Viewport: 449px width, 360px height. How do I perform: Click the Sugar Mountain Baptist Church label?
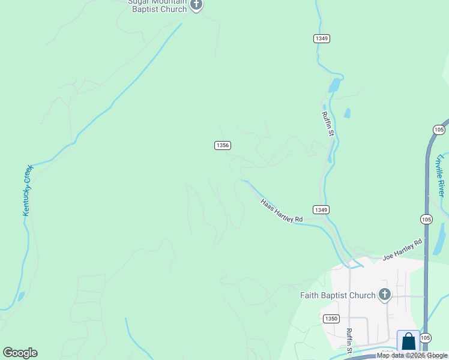(157, 5)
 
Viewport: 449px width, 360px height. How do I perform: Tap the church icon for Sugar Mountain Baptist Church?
(196, 5)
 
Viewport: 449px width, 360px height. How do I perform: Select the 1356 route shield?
(222, 145)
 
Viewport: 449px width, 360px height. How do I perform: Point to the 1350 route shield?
(330, 319)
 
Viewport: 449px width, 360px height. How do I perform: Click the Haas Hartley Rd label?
(282, 211)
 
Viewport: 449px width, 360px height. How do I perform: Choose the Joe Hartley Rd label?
(402, 250)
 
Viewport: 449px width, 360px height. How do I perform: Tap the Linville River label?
(441, 175)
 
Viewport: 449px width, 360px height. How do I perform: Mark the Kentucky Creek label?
(28, 190)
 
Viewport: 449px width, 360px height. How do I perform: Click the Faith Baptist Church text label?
(337, 295)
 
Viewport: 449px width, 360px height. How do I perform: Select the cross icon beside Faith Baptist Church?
(385, 295)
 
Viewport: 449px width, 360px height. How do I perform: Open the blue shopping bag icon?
(408, 341)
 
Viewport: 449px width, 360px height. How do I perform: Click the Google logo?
(20, 353)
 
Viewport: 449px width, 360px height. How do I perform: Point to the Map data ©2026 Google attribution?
(412, 356)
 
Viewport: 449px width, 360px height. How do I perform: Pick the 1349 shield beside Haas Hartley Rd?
(321, 209)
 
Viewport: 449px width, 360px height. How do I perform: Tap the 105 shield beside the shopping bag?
(426, 338)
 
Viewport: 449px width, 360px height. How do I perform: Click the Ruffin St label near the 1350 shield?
(349, 340)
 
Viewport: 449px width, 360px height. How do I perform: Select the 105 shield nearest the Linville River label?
(439, 130)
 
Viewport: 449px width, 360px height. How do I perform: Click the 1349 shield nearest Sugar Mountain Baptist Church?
(321, 38)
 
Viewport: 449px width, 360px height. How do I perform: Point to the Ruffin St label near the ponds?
(328, 124)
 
